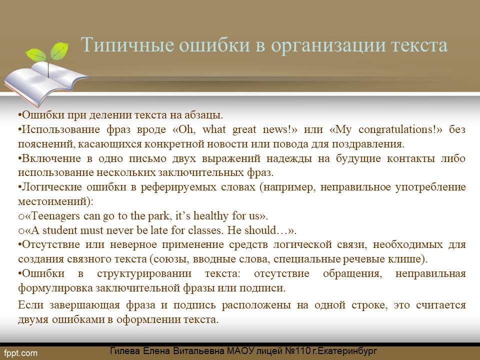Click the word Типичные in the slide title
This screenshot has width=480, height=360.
[x=128, y=45]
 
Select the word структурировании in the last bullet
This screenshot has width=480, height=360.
[x=144, y=273]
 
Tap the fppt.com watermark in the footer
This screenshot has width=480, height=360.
[x=21, y=353]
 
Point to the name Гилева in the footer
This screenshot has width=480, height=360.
[x=125, y=351]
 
